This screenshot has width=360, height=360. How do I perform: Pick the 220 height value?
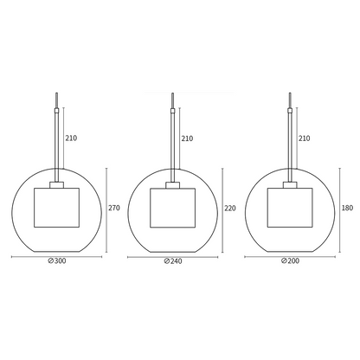tap(228, 208)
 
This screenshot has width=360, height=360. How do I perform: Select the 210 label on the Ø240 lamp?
tap(187, 137)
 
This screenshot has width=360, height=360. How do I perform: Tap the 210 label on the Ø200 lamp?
tap(303, 137)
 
